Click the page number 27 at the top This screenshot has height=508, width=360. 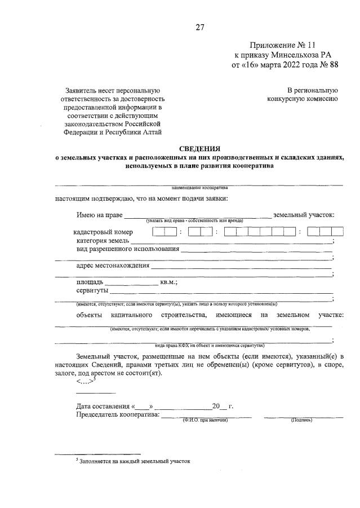[199, 27]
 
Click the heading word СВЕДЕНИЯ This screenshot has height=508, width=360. [199, 148]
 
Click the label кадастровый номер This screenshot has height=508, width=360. [103, 232]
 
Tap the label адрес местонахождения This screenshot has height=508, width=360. [113, 266]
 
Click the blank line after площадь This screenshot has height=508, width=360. [132, 282]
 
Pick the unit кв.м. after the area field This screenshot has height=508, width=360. [169, 282]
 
